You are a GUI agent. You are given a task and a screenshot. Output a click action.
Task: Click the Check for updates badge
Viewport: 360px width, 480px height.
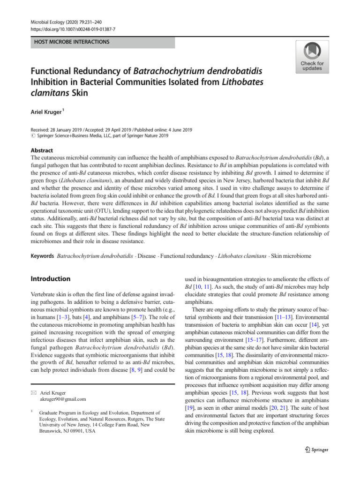click(x=312, y=57)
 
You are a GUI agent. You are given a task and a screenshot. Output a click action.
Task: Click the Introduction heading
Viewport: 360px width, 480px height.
click(x=51, y=278)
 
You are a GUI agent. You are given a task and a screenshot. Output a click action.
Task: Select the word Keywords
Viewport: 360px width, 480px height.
click(x=42, y=256)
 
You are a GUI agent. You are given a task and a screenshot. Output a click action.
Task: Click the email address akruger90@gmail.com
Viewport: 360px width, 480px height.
click(x=63, y=399)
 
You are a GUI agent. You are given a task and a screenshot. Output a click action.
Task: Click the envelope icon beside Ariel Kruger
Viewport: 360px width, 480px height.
click(x=33, y=393)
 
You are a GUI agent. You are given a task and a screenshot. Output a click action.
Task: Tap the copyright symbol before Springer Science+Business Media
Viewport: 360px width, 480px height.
click(x=33, y=135)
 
